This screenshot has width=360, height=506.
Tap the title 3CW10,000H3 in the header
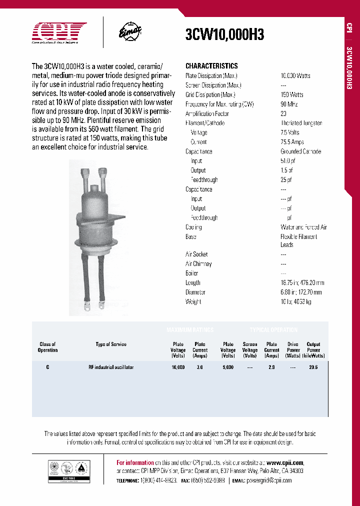click(x=224, y=34)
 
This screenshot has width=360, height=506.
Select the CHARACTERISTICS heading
click(x=211, y=66)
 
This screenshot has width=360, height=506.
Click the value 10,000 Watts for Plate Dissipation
click(x=295, y=76)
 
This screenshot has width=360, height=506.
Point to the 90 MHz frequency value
click(x=290, y=104)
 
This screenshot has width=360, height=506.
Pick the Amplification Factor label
click(x=207, y=113)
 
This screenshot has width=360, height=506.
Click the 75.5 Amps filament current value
click(x=292, y=142)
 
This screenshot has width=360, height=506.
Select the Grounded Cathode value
click(x=300, y=151)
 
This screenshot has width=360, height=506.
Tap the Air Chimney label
click(x=198, y=264)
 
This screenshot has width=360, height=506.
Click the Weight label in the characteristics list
click(x=193, y=302)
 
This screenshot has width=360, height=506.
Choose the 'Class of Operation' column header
click(x=47, y=347)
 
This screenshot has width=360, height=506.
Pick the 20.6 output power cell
click(x=313, y=367)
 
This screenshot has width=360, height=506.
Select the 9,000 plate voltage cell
click(x=228, y=367)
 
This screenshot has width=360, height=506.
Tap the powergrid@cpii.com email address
click(x=268, y=480)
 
